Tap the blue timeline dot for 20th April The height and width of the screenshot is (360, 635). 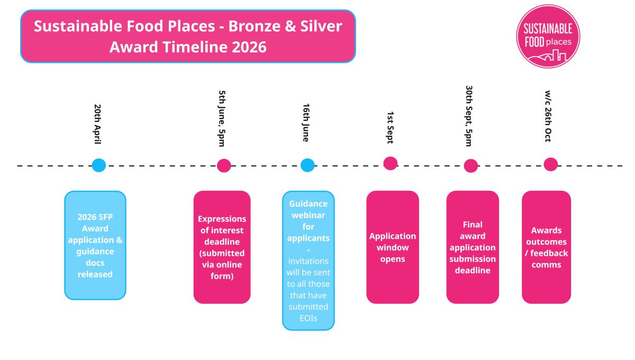99,165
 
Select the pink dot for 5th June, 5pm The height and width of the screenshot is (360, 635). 224,166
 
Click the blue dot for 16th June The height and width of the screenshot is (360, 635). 307,165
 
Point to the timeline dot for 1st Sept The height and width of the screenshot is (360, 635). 391,164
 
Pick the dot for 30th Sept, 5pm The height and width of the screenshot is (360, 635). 471,166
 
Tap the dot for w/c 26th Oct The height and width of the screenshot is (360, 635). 551,165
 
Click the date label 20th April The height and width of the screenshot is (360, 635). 97,124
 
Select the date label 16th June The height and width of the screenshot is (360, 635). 306,122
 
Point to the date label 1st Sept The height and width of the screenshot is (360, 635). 389,127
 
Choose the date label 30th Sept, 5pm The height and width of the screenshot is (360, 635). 469,115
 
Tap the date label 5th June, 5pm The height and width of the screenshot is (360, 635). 222,118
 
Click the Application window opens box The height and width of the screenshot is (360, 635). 393,247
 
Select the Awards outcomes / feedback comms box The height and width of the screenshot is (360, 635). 546,247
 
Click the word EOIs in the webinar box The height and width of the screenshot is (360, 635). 308,318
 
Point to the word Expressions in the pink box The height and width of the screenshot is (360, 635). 222,219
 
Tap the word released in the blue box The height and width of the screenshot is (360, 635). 95,274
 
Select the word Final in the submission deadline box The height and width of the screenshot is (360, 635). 472,224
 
